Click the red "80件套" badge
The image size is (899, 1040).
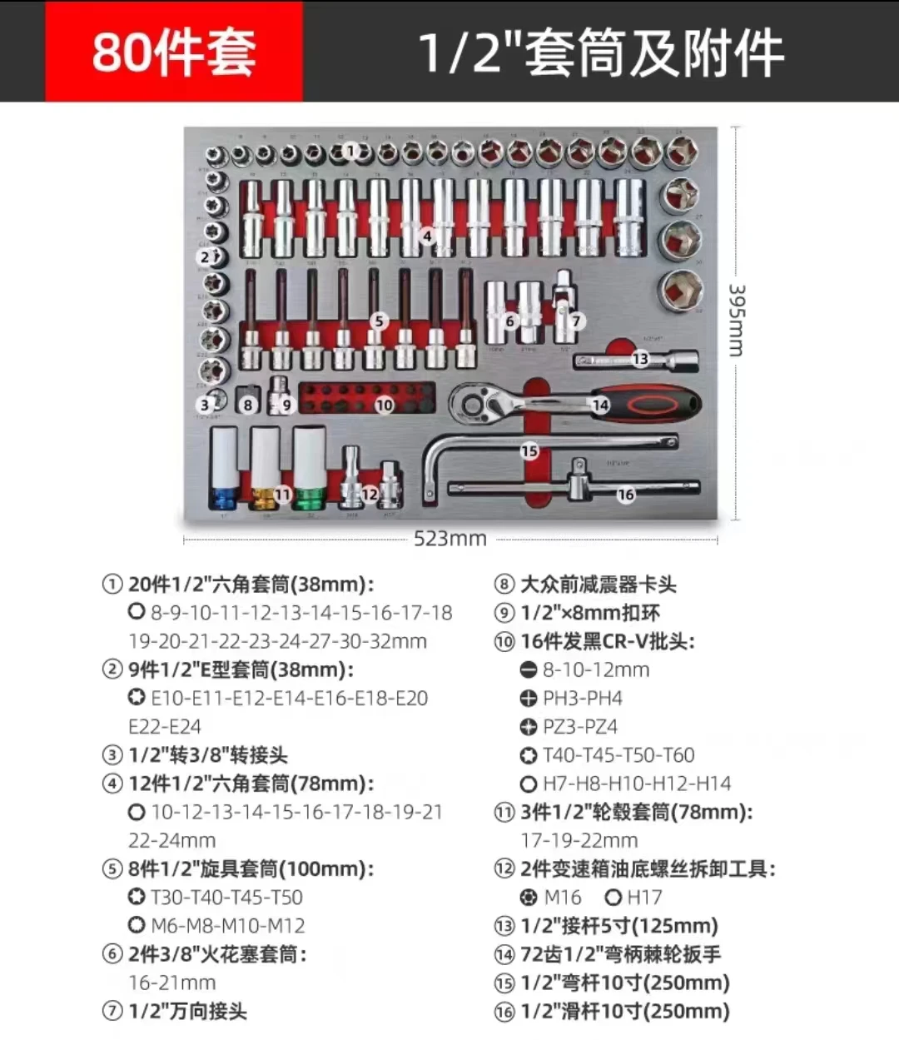point(173,52)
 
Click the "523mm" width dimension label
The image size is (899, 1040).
point(449,539)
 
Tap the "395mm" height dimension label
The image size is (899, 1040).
point(736,321)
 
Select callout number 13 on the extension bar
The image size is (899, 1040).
point(639,359)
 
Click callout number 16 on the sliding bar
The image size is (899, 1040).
point(626,495)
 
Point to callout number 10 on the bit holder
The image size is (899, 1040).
point(384,406)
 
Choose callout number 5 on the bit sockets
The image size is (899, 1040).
point(379,321)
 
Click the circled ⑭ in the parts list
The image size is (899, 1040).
point(504,954)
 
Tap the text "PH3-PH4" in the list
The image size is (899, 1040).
point(583,698)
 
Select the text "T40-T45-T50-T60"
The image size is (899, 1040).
point(618,755)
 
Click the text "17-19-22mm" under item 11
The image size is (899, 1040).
point(579,840)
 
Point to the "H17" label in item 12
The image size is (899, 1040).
point(644,898)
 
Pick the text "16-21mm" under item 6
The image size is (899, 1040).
point(172,983)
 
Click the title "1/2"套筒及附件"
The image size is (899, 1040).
point(600,52)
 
